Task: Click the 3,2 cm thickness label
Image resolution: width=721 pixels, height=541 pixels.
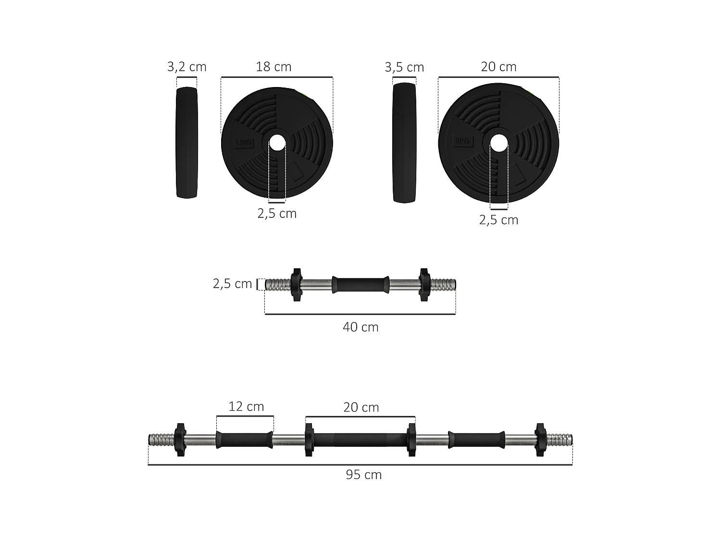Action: pyautogui.click(x=186, y=67)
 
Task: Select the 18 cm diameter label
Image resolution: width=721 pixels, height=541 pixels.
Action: pyautogui.click(x=273, y=67)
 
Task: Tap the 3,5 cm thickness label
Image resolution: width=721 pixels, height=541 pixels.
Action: pyautogui.click(x=404, y=67)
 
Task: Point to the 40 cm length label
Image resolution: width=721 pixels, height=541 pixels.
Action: pyautogui.click(x=360, y=327)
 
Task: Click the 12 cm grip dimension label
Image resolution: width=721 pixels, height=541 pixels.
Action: pyautogui.click(x=246, y=407)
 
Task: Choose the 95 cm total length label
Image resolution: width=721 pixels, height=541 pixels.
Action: pyautogui.click(x=363, y=475)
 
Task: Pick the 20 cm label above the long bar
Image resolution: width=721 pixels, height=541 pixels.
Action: pyautogui.click(x=361, y=407)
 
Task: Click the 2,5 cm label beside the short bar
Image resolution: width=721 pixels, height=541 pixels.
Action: pyautogui.click(x=232, y=284)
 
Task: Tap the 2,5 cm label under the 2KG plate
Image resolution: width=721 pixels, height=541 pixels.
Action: pyautogui.click(x=498, y=220)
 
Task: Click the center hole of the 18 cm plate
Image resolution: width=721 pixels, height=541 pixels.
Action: pyautogui.click(x=276, y=143)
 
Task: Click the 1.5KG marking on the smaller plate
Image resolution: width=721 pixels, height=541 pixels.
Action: pyautogui.click(x=243, y=143)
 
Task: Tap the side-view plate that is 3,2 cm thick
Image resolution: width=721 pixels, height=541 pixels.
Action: pyautogui.click(x=187, y=143)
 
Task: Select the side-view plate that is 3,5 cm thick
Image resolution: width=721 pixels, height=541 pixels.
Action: pyautogui.click(x=404, y=143)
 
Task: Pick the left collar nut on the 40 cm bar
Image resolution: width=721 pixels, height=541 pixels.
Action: pyautogui.click(x=296, y=285)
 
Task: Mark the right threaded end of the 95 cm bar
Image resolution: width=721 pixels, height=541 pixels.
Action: pyautogui.click(x=560, y=440)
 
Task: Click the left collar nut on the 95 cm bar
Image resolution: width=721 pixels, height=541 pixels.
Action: pyautogui.click(x=180, y=440)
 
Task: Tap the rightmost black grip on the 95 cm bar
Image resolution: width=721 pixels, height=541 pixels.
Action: pyautogui.click(x=476, y=440)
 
